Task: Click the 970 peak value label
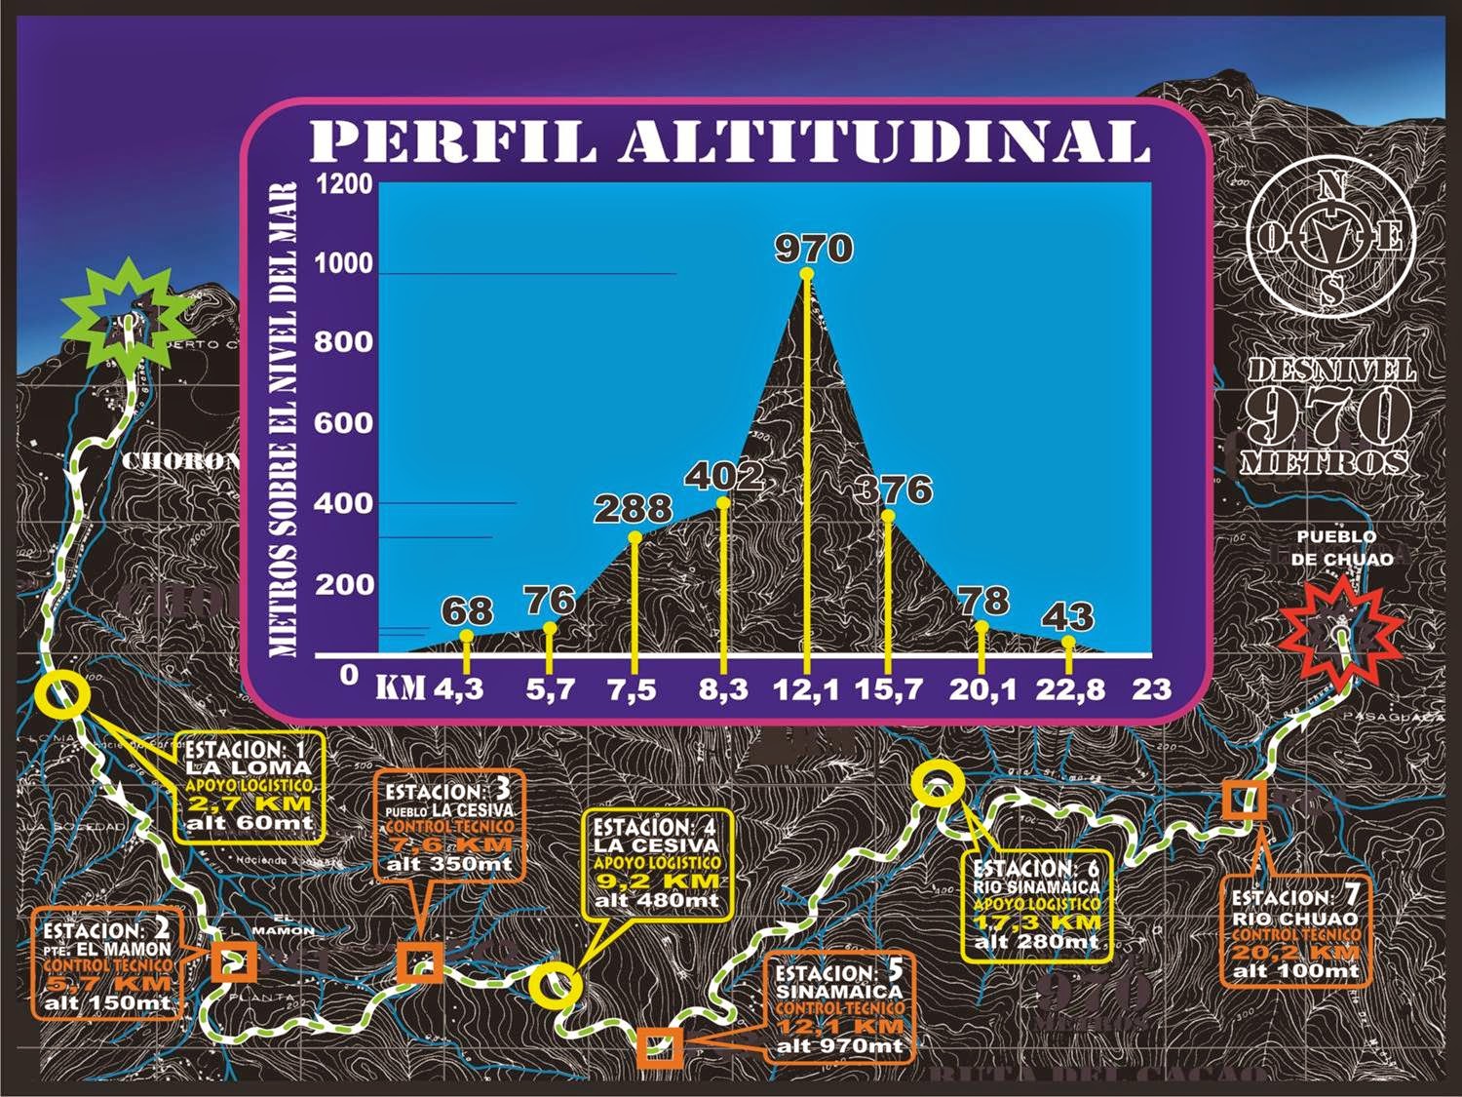pos(814,249)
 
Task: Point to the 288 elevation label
pos(635,509)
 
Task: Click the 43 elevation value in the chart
pos(1068,617)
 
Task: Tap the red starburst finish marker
pos(1342,631)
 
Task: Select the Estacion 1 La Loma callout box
pos(249,786)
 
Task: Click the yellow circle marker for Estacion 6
pos(937,787)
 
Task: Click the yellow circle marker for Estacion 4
pos(555,985)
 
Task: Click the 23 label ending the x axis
pos(1151,689)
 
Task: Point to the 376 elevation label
pos(893,489)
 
